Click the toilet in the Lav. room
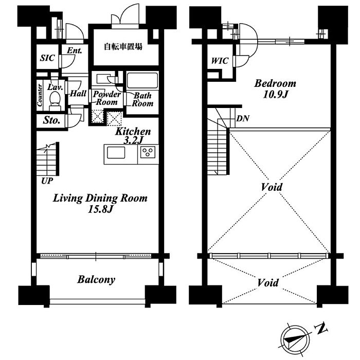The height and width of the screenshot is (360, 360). tap(55, 101)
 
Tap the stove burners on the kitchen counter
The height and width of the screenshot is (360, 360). tap(148, 152)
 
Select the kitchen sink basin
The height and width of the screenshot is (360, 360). tap(116, 153)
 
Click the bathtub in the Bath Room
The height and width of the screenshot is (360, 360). tap(142, 80)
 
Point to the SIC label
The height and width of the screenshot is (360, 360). tap(47, 58)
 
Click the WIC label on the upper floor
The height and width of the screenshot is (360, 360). tap(220, 61)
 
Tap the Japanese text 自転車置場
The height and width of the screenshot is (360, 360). tap(123, 47)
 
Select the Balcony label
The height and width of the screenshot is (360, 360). tap(96, 280)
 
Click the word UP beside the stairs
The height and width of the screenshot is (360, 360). tap(47, 181)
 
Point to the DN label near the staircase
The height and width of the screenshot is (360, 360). tap(243, 118)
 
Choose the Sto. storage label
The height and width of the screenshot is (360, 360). tap(51, 120)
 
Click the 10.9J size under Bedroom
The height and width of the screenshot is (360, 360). tap(275, 94)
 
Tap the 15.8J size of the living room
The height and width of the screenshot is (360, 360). tap(100, 209)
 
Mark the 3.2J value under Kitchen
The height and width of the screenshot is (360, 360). tap(133, 140)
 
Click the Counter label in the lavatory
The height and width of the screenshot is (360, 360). tap(40, 95)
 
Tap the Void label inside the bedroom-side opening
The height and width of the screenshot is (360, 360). tap(272, 187)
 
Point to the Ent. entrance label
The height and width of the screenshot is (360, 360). tap(75, 50)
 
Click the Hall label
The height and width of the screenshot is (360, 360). tap(78, 93)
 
